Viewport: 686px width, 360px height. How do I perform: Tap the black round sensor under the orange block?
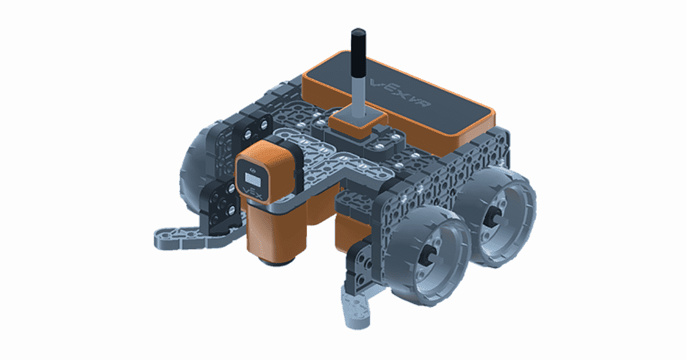point(277,261)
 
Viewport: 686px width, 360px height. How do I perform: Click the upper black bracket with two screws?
point(252,129)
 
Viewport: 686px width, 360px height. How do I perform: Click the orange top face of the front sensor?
point(269,150)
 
